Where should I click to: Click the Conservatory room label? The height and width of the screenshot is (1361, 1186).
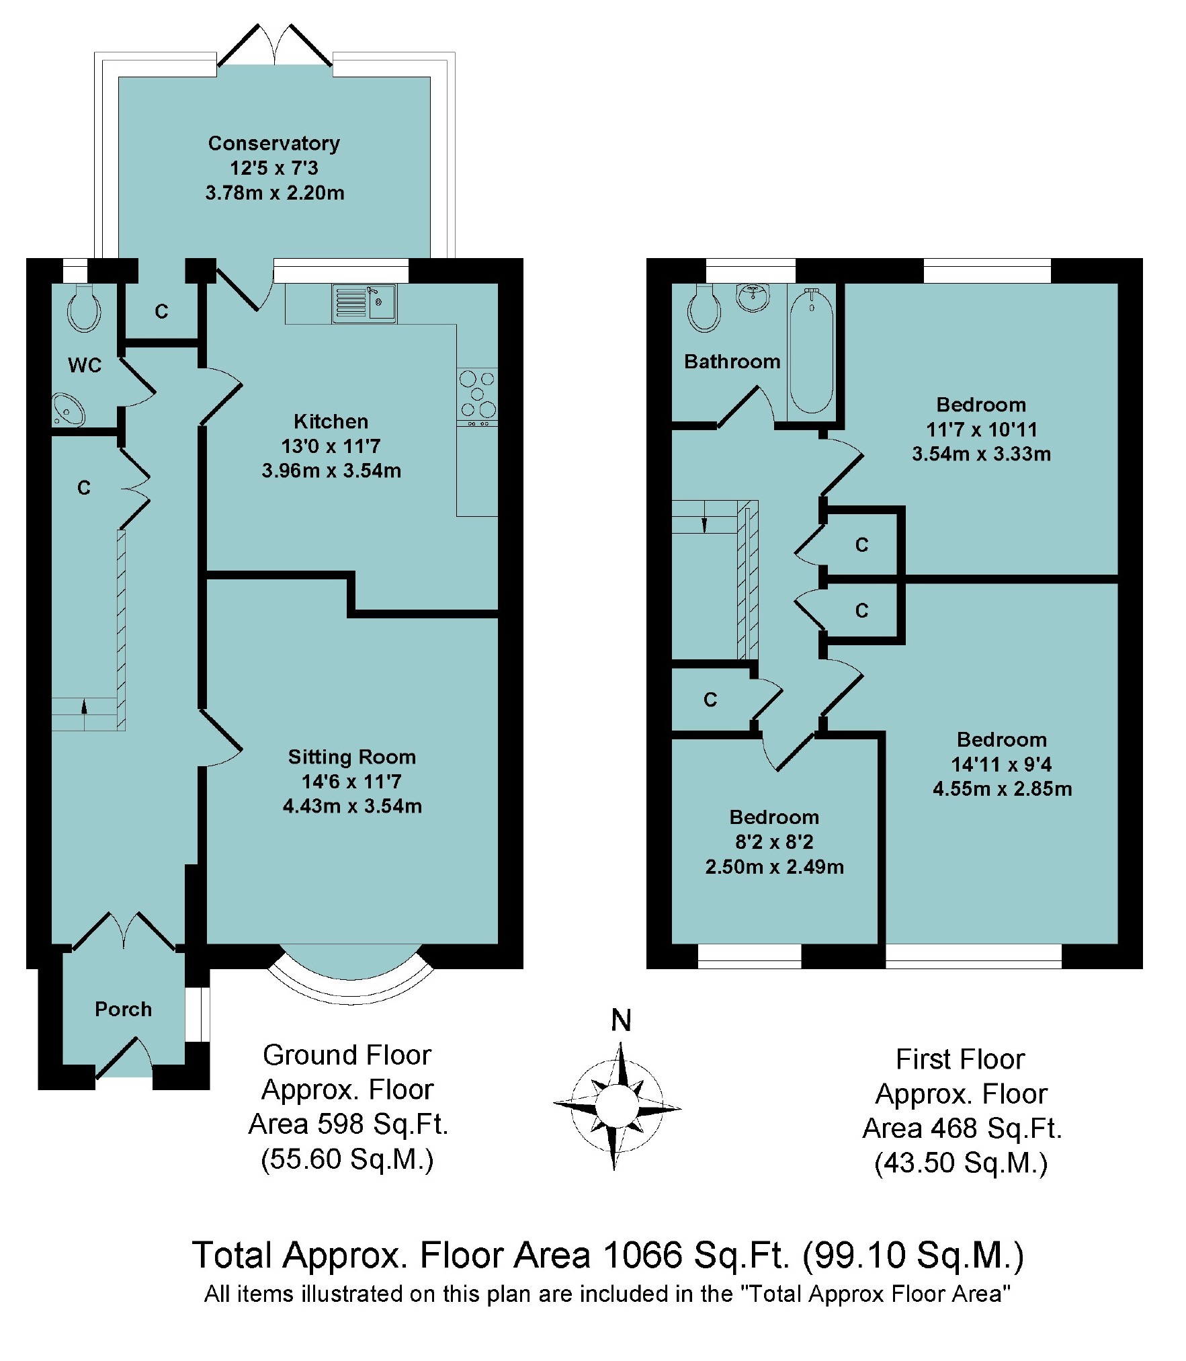[273, 143]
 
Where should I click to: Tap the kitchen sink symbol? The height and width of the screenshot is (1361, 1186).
[365, 302]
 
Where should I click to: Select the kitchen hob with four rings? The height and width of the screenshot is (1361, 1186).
[477, 395]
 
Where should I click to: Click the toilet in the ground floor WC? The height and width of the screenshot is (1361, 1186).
[84, 310]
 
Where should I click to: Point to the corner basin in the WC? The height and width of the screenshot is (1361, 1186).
[67, 409]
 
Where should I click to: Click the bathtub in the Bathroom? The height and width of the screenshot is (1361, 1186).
[812, 352]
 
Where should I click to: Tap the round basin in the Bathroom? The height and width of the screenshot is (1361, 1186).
[753, 296]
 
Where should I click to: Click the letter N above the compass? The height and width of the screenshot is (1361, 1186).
[621, 1020]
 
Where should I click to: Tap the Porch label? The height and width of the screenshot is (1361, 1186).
[123, 1009]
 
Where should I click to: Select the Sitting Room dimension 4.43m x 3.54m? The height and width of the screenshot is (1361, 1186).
[352, 806]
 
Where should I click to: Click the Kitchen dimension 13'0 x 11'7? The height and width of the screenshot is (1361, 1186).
[331, 446]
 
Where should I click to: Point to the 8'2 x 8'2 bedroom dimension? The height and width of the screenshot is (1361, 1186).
[774, 841]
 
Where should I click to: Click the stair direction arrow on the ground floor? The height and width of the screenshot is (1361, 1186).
[84, 706]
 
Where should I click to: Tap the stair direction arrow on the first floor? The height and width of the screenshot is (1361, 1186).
[704, 524]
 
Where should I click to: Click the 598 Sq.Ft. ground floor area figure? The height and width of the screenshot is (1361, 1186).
[348, 1124]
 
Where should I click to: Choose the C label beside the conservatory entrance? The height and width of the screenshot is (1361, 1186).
[161, 311]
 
